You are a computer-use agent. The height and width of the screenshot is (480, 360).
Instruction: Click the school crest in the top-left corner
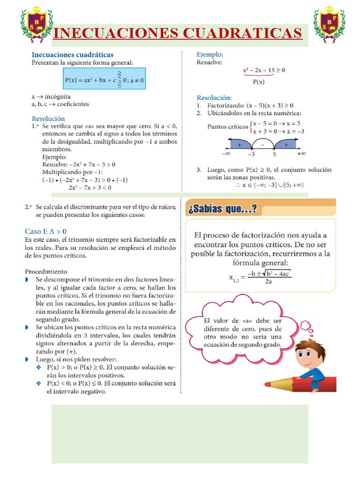[36, 24]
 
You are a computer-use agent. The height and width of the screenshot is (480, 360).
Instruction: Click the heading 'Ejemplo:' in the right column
[210, 55]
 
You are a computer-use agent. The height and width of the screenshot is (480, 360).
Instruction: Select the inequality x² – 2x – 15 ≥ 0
[263, 70]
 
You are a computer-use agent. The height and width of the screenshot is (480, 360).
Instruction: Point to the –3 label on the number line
[251, 153]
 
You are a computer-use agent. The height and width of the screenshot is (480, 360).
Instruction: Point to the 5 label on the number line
[275, 153]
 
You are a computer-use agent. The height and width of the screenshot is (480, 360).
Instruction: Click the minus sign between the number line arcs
[262, 145]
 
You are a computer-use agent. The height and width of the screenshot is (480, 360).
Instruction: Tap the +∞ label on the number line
[301, 153]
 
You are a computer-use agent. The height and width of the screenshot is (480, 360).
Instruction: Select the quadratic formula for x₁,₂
[261, 277]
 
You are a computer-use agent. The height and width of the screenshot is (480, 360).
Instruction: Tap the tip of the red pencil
[267, 384]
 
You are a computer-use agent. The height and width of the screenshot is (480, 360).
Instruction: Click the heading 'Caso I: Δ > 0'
[45, 231]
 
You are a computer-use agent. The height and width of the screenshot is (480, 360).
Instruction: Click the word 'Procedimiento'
[46, 271]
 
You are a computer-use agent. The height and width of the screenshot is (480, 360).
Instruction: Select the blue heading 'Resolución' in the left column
[48, 119]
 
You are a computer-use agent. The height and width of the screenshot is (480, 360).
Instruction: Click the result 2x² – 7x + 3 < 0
[90, 187]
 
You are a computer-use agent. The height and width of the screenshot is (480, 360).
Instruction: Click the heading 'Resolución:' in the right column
[214, 97]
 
